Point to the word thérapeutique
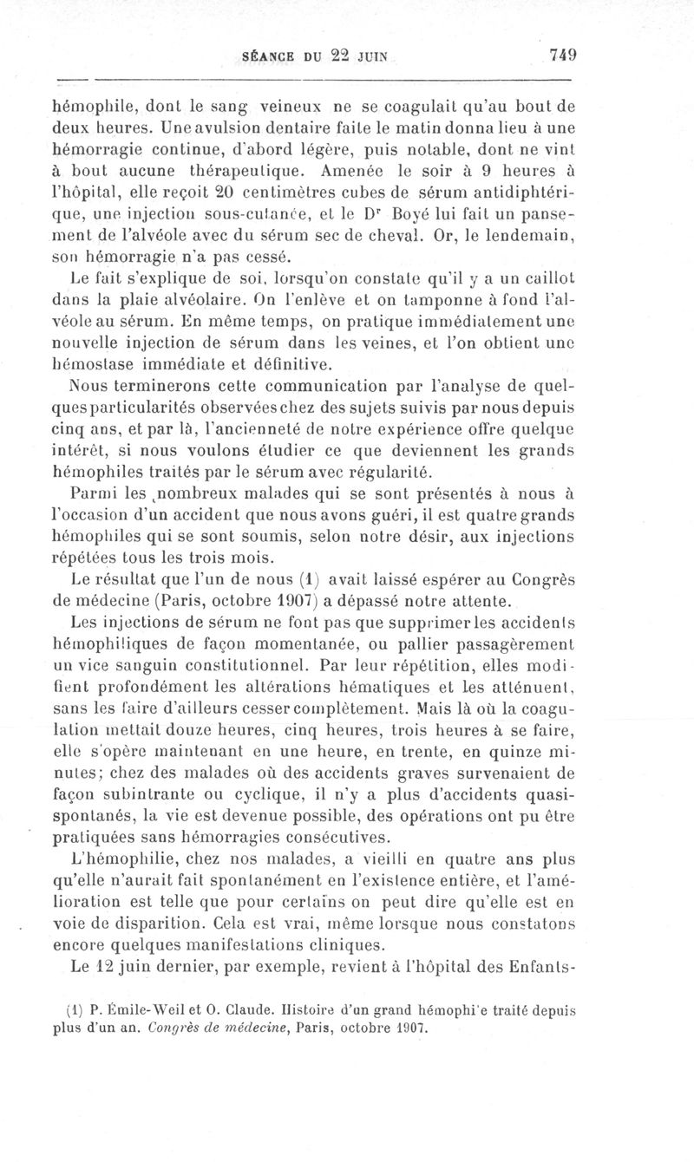tap(247, 169)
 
